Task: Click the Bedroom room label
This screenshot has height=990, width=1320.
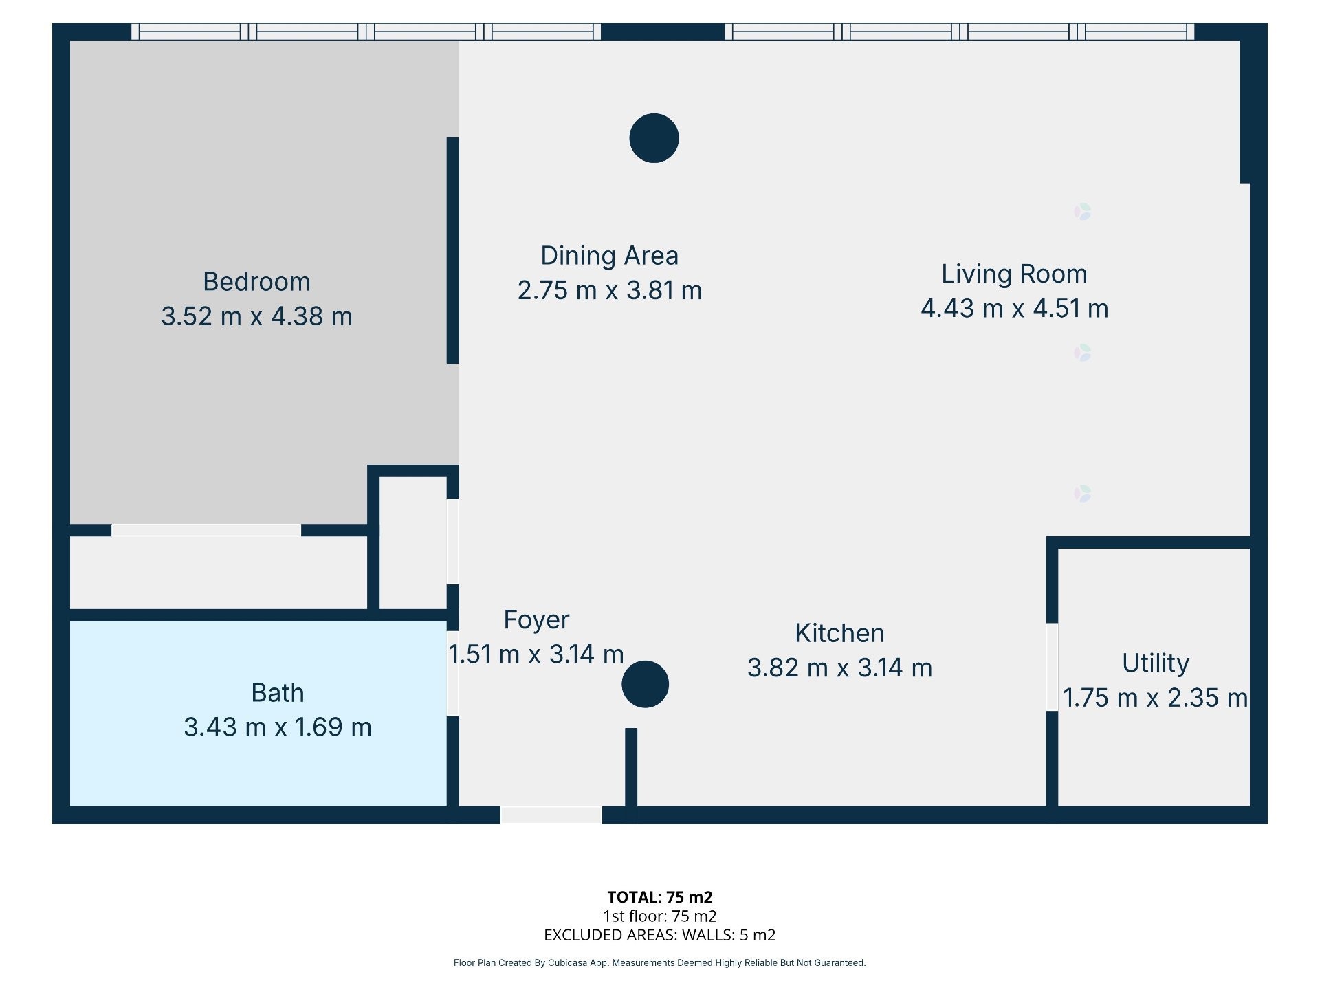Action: coord(256,282)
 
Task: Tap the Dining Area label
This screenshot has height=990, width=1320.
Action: coord(609,256)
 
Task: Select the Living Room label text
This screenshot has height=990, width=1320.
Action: coord(1014,274)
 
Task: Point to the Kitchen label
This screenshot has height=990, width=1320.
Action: coord(839,633)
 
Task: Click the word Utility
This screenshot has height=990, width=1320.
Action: coord(1155,663)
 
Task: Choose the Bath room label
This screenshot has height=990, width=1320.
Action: coord(277,692)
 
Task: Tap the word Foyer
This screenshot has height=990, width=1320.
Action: coord(536,620)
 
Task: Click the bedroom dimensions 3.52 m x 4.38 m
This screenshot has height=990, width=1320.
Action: coord(256,316)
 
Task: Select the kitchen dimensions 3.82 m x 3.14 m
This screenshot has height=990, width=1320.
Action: coord(839,668)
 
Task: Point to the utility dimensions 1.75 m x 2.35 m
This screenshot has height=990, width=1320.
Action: coord(1155,698)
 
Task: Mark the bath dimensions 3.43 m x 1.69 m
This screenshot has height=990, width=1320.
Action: coord(277,727)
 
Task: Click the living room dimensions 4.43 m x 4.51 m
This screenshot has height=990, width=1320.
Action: coord(1014,308)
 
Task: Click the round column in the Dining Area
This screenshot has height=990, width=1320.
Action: coord(654,138)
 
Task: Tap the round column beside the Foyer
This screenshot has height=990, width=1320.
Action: coord(645,684)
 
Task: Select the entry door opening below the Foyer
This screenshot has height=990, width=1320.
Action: coord(551,815)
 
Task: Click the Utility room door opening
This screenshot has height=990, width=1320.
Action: coord(1052,667)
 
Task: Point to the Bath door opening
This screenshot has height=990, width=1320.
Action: coord(452,674)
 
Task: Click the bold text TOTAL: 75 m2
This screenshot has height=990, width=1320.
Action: coord(659,897)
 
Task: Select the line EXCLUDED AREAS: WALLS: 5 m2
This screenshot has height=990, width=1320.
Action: coord(659,935)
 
